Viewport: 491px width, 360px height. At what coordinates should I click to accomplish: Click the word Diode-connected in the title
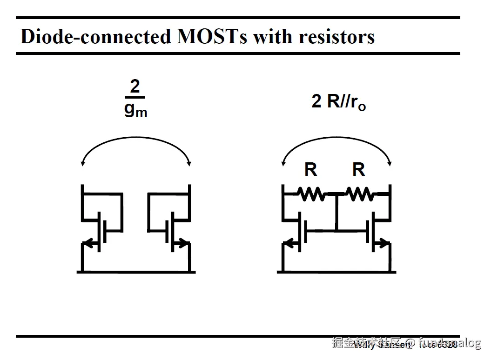96,36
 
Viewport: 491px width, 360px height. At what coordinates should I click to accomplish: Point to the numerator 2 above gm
135,87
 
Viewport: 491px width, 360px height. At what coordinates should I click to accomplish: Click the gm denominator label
135,110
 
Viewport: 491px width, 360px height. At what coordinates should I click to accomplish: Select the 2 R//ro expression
338,102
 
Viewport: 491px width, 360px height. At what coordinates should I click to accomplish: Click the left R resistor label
310,170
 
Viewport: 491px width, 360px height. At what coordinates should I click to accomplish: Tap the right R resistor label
358,170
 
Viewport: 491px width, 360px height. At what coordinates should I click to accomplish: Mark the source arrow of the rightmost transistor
383,243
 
